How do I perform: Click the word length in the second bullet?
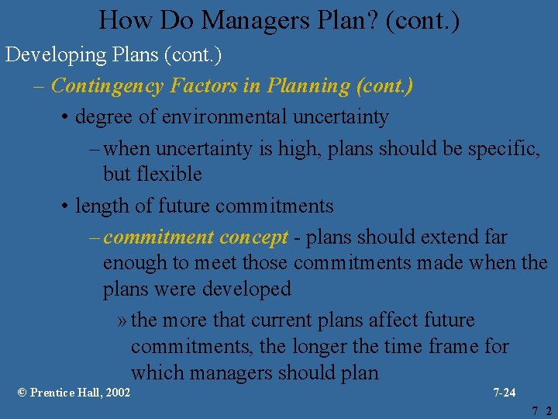pos(99,206)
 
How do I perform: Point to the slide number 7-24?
pos(504,393)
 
